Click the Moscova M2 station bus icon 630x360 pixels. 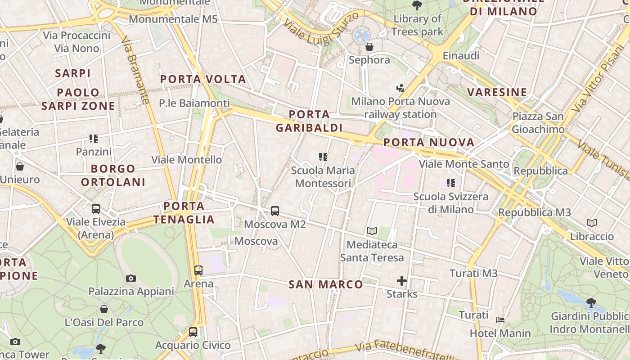pyautogui.click(x=275, y=211)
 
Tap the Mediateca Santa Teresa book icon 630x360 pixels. pyautogui.click(x=372, y=231)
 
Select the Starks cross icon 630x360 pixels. pyautogui.click(x=401, y=281)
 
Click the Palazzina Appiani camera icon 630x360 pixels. pyautogui.click(x=131, y=278)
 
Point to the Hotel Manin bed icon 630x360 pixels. pyautogui.click(x=500, y=320)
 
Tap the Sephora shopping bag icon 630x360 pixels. pyautogui.click(x=369, y=47)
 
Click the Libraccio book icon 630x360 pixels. pyautogui.click(x=592, y=223)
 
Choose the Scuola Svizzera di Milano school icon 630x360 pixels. pyautogui.click(x=450, y=183)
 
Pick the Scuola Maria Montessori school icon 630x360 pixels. pyautogui.click(x=323, y=157)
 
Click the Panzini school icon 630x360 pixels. pyautogui.click(x=94, y=138)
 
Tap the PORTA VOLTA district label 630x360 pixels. pyautogui.click(x=203, y=79)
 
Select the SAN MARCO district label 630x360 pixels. pyautogui.click(x=325, y=284)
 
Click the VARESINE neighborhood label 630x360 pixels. pyautogui.click(x=497, y=92)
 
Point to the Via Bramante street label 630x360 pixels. pyautogui.click(x=135, y=70)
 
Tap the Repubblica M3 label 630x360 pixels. pyautogui.click(x=535, y=212)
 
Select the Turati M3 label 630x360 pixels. pyautogui.click(x=473, y=273)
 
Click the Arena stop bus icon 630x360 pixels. pyautogui.click(x=198, y=270)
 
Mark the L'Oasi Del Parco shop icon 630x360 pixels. pyautogui.click(x=104, y=309)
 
